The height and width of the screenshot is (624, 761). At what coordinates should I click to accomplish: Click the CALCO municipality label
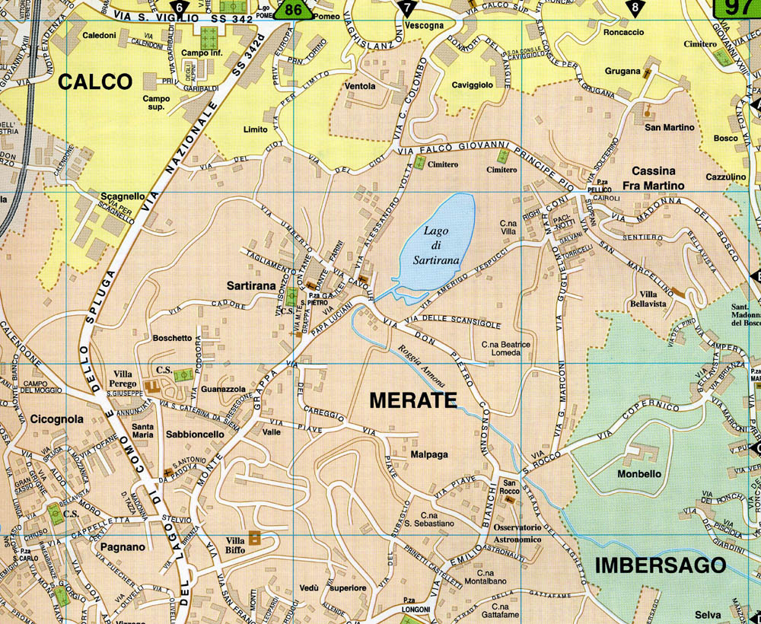tap(95, 81)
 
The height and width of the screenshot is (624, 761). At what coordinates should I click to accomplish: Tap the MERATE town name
tap(412, 400)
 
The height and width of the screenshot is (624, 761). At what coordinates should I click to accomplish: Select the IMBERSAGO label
tap(659, 565)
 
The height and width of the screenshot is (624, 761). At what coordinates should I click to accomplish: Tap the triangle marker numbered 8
tap(635, 8)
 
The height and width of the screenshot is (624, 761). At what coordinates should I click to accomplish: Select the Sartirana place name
tap(251, 285)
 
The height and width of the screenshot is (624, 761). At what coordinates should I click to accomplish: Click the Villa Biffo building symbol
tap(255, 537)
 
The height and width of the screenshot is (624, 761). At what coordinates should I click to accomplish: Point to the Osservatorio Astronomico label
tap(517, 533)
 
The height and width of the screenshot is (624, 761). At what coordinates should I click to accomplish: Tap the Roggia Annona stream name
tap(417, 367)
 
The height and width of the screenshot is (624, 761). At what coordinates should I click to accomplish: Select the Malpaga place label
tap(429, 454)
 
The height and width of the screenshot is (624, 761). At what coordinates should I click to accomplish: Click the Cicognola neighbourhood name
tap(57, 419)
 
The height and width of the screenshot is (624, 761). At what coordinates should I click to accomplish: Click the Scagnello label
tap(123, 196)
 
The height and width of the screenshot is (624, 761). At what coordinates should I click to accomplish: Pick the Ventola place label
tap(360, 86)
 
